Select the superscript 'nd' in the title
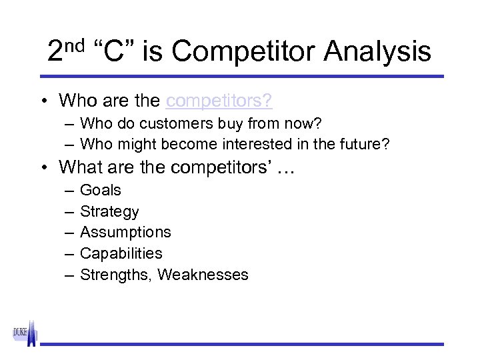[75, 45]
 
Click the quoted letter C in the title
[114, 51]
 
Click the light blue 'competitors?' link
[219, 101]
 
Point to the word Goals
[101, 190]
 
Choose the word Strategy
[109, 211]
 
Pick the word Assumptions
[125, 232]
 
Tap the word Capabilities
[121, 253]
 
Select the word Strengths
[116, 275]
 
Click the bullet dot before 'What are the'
[43, 167]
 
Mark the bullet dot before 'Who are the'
[43, 101]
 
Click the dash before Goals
[70, 191]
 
